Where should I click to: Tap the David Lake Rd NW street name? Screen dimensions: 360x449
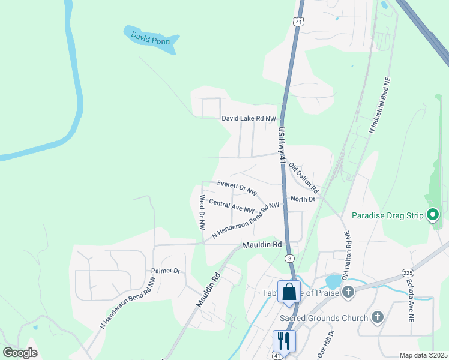click(x=249, y=119)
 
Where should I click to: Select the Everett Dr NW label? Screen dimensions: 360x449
click(x=237, y=187)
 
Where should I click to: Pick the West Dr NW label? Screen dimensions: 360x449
click(x=202, y=212)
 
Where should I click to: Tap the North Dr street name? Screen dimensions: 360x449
click(x=303, y=199)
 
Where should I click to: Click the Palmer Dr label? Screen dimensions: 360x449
click(x=166, y=271)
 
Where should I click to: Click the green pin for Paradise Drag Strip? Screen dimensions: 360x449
click(x=433, y=214)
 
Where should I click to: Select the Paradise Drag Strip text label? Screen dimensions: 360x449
click(x=388, y=215)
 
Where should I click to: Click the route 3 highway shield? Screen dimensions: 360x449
click(x=289, y=258)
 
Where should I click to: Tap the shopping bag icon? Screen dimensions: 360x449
click(x=289, y=292)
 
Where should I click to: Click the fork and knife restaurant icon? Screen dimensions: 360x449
click(x=284, y=340)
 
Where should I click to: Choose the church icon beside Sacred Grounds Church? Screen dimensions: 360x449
click(x=378, y=317)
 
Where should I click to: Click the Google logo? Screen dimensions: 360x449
click(x=20, y=352)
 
